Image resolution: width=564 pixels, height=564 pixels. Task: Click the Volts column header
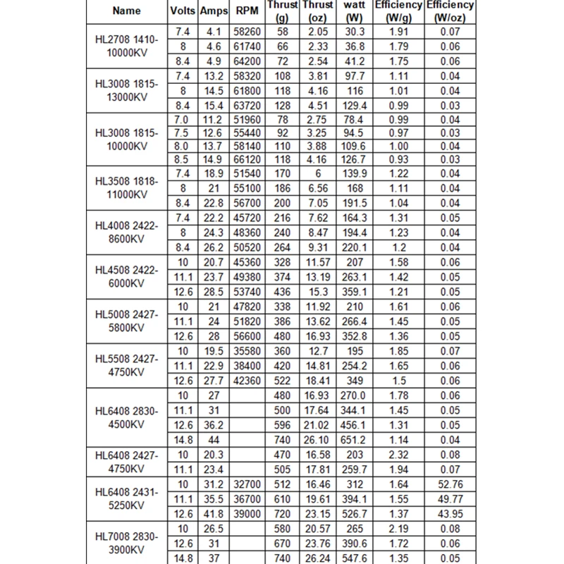[x=183, y=11]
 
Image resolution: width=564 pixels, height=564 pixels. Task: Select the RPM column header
[x=244, y=11]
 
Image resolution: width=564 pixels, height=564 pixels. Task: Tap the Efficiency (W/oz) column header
[x=450, y=10]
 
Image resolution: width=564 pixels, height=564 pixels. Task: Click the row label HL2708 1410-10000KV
[x=127, y=47]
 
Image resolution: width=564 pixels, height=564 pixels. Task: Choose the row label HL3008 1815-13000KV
[x=127, y=91]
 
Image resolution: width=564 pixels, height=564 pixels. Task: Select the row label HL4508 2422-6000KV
[x=127, y=276]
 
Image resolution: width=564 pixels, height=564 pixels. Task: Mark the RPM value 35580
[x=244, y=350]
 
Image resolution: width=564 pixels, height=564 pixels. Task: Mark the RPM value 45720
[x=244, y=218]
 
